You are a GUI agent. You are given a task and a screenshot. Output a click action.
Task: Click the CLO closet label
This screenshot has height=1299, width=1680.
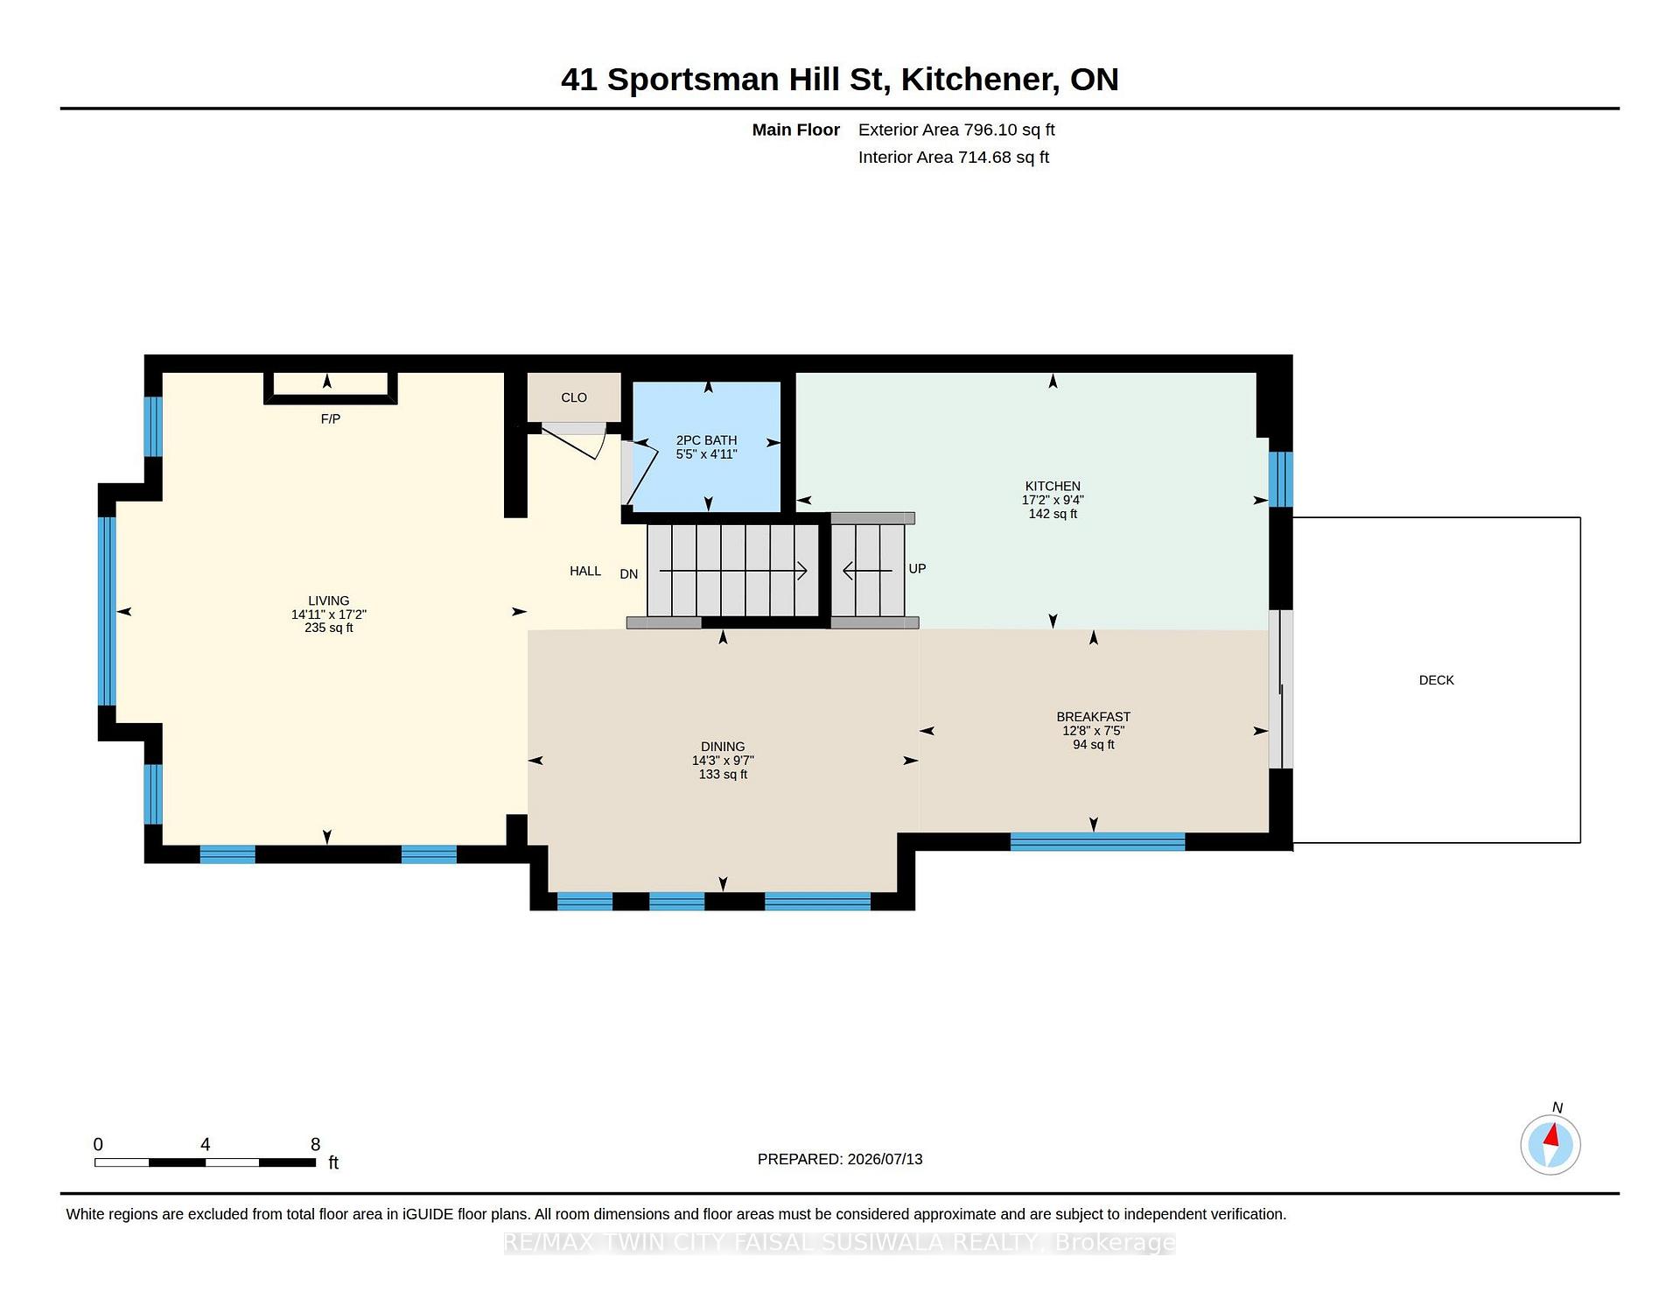coord(574,397)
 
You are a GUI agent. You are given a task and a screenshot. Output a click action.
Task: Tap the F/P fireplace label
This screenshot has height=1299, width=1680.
coord(331,419)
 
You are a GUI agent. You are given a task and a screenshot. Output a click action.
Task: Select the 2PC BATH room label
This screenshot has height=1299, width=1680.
coord(706,440)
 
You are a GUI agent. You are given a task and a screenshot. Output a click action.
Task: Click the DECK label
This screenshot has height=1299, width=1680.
coord(1436,680)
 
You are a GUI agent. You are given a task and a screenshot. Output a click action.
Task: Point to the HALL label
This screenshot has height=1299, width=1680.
coord(585,571)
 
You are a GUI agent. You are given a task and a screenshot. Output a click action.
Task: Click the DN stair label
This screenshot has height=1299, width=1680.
coord(629,574)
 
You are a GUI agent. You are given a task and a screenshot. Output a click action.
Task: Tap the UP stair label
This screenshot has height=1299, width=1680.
coord(917,569)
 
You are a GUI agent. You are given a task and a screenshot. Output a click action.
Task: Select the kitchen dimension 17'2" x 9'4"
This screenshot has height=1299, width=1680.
coord(1053,500)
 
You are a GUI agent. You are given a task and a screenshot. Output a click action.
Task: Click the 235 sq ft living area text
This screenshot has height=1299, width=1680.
coord(329,628)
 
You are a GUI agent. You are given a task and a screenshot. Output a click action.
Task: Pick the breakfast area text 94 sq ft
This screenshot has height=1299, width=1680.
coord(1094,745)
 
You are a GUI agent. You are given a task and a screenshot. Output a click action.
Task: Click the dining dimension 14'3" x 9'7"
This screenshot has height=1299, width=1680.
coord(723,761)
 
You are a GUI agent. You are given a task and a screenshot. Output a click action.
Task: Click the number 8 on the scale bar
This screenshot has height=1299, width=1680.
coord(316,1144)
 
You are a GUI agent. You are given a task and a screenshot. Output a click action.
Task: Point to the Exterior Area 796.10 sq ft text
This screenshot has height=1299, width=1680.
coord(956,130)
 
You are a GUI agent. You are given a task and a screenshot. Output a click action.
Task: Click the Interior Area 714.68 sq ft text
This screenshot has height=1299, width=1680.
coord(954,158)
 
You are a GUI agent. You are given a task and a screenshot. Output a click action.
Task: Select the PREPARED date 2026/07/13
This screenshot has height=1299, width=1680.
coord(885,1159)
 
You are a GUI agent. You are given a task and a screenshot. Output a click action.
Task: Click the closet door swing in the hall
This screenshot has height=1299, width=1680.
coord(573,441)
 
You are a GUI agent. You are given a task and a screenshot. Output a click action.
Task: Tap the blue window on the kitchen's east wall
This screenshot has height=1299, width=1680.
coord(1281,480)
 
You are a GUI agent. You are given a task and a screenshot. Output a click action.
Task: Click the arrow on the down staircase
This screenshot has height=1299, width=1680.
coord(733,572)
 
